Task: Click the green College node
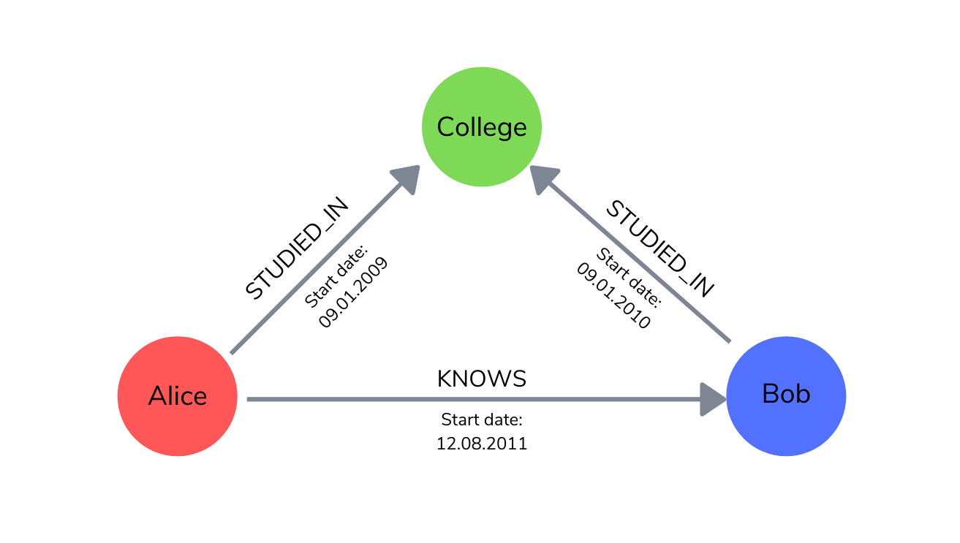482,126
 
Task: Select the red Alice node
178,396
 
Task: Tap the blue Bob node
786,396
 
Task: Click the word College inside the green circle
482,128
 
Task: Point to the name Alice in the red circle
178,395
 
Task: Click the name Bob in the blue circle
786,393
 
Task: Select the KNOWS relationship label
482,379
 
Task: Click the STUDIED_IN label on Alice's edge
297,248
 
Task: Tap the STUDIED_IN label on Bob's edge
660,248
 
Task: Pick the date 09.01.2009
353,292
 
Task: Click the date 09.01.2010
613,295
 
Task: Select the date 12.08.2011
482,444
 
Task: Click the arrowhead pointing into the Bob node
712,400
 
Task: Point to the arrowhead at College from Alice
407,178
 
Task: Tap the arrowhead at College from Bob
543,179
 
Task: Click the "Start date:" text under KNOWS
482,419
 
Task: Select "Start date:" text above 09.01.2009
336,276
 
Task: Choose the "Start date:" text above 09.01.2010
629,278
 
